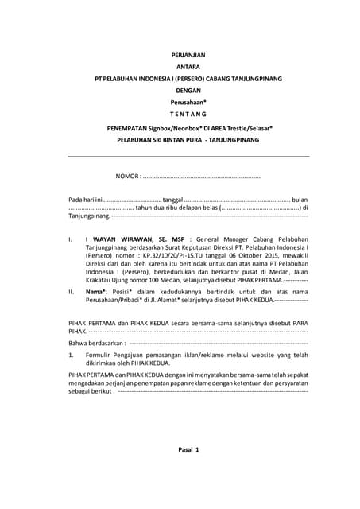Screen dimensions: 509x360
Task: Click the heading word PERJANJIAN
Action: tap(188, 55)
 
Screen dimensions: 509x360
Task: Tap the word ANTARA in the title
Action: tap(188, 68)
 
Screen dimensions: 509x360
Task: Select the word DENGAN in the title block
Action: tap(188, 91)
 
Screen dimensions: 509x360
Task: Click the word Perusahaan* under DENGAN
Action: tap(188, 103)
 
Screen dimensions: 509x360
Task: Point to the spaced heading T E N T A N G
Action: tap(188, 115)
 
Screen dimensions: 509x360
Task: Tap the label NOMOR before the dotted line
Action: tap(127, 175)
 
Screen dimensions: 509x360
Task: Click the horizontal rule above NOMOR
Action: tap(188, 157)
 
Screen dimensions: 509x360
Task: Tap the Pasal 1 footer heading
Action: tap(188, 450)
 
